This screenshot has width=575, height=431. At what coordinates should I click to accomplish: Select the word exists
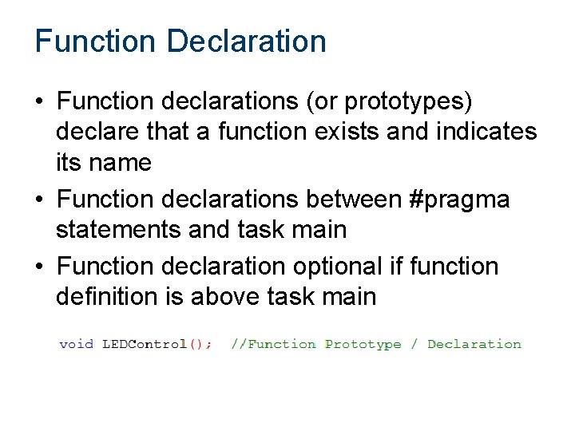361,132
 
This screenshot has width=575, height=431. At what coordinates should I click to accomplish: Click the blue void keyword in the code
77,344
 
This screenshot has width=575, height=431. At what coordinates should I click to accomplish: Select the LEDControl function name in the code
144,344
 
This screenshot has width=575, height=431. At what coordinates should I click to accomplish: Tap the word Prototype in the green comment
363,344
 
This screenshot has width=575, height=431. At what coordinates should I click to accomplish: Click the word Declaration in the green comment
474,344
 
